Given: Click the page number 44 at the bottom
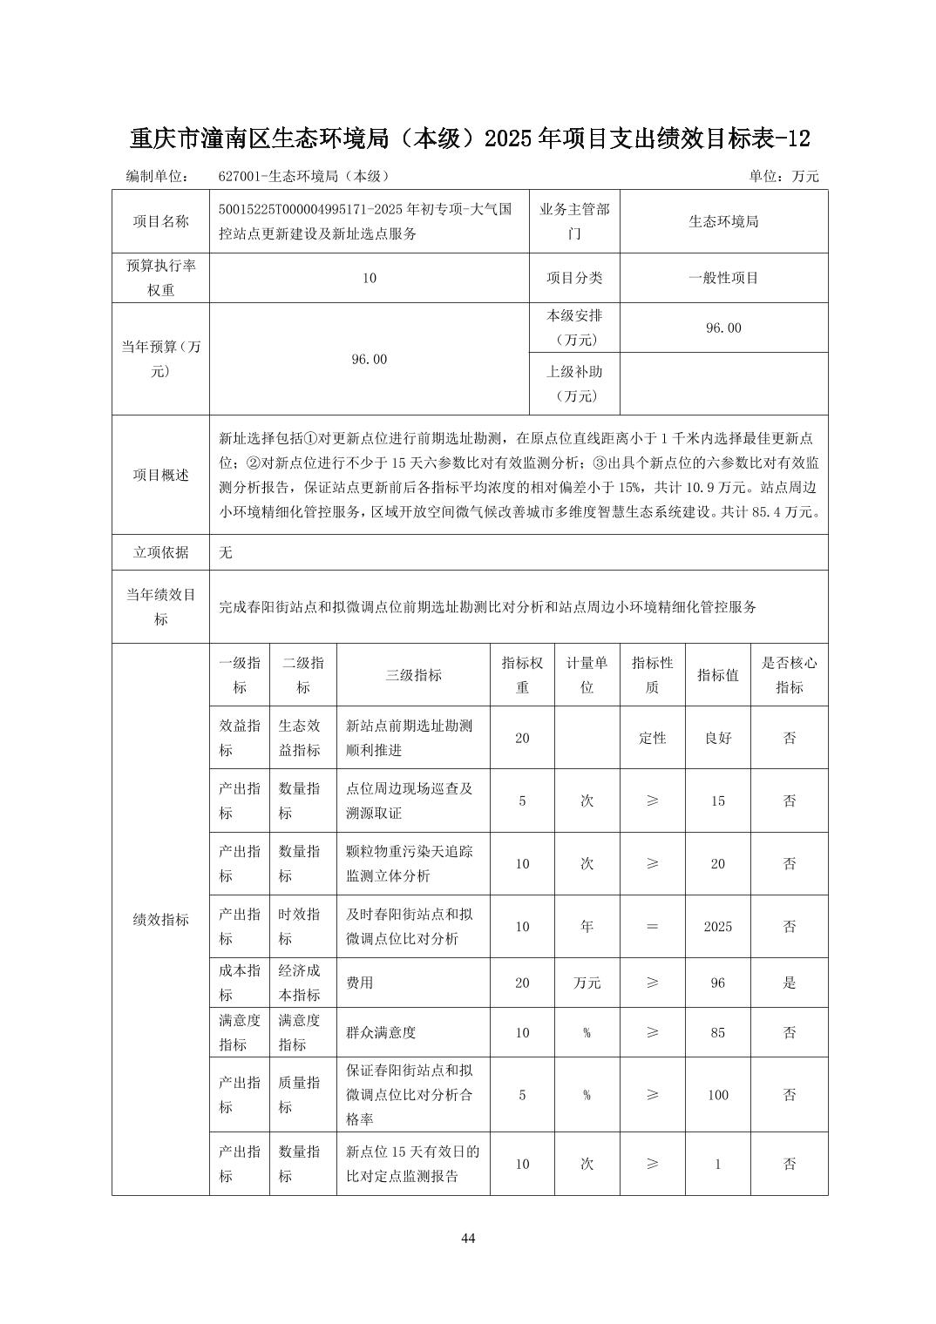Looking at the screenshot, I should (x=468, y=1239).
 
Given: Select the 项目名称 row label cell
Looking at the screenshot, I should (x=160, y=221).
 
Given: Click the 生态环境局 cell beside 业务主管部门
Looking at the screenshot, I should (x=723, y=221).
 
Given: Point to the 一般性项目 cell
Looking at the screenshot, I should (x=723, y=278).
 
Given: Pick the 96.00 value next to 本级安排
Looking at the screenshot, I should (x=723, y=328).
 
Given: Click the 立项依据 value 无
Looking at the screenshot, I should (x=226, y=552).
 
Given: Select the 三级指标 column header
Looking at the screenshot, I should (x=413, y=674).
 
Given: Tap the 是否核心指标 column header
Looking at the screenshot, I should (x=789, y=674).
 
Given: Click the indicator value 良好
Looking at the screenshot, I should (x=717, y=738).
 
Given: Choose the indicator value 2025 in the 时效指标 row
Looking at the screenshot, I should (x=717, y=926).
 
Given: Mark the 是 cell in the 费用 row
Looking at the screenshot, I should (x=789, y=983).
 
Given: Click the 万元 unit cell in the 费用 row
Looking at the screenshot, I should (x=587, y=983).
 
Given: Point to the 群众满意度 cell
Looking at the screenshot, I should (x=381, y=1032).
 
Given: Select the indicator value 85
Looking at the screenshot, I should (x=717, y=1032).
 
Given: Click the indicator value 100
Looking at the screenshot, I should (x=717, y=1095).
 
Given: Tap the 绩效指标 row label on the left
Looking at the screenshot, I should (x=160, y=919).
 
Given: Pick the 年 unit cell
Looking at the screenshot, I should (x=587, y=926).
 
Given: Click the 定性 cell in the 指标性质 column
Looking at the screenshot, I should (x=652, y=738).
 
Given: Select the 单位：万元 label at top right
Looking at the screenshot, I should (x=783, y=176).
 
